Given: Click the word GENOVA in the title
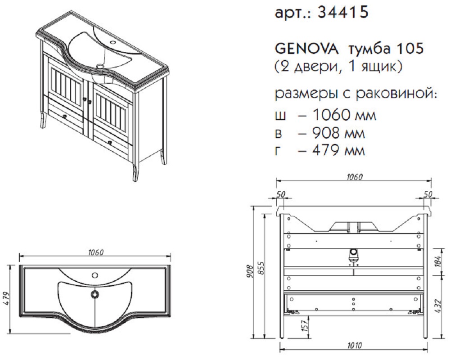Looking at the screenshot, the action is (x=306, y=49).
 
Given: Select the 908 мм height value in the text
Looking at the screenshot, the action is (x=338, y=133).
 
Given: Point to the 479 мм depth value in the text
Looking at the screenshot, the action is (x=338, y=150).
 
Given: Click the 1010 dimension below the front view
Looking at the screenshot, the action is (x=354, y=346).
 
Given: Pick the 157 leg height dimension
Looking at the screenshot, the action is (x=305, y=325).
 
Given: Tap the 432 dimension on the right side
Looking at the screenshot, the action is (x=438, y=307).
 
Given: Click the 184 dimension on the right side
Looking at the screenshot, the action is (x=438, y=260).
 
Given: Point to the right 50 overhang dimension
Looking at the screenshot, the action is (x=428, y=194).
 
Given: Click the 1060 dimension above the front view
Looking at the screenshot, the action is (x=354, y=177).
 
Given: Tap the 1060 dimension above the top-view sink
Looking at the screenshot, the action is (x=95, y=252).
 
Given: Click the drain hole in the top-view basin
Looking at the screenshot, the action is (x=95, y=294).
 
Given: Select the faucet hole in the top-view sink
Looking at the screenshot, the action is (x=95, y=275).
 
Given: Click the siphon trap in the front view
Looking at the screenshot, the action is (x=353, y=256).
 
